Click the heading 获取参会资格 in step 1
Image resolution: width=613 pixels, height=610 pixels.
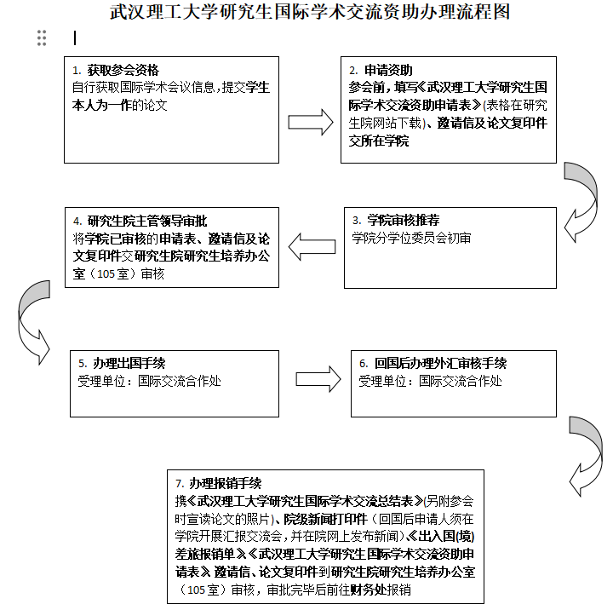(x=123, y=70)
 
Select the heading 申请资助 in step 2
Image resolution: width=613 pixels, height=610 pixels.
(x=388, y=70)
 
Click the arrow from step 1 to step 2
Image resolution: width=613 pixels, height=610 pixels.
(x=310, y=121)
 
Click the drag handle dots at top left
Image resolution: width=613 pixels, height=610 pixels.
(x=42, y=37)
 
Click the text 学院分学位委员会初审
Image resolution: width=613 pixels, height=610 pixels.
(x=411, y=239)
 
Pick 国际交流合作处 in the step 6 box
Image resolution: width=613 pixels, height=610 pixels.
(x=460, y=381)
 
